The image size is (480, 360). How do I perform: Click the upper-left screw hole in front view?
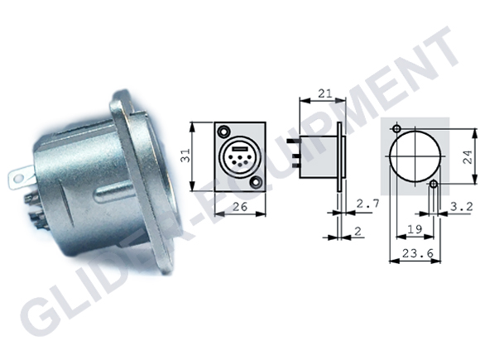[223, 131]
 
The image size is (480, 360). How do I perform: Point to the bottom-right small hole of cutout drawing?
[434, 186]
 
